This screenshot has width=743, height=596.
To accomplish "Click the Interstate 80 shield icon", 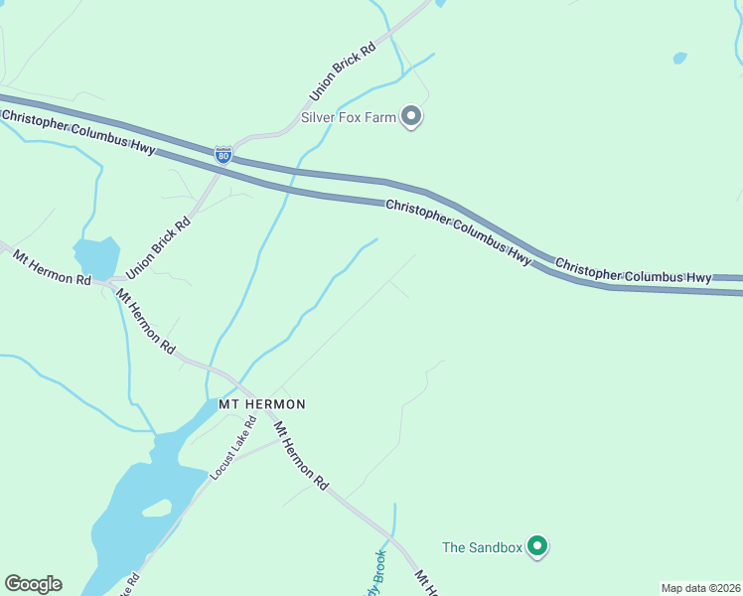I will click(x=223, y=155).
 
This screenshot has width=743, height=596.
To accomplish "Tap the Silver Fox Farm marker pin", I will click(x=412, y=117).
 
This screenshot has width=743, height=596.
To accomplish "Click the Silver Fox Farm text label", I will click(x=356, y=117).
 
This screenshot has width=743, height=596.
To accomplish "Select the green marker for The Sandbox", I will click(x=537, y=546).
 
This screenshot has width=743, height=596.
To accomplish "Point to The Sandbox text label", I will click(x=482, y=546).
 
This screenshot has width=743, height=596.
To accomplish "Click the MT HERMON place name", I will click(x=261, y=404).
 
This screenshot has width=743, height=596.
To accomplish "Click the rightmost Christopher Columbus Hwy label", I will click(x=633, y=271).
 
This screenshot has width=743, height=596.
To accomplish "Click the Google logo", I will click(x=33, y=584).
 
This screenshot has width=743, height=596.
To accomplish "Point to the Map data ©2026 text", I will click(x=699, y=588).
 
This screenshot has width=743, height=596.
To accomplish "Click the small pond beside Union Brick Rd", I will click(x=96, y=257).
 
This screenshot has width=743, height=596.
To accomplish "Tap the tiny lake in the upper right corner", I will click(x=679, y=59).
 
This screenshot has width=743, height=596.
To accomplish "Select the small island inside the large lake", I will click(x=156, y=509).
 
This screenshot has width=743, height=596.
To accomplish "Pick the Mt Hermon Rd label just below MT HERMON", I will click(x=301, y=456).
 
